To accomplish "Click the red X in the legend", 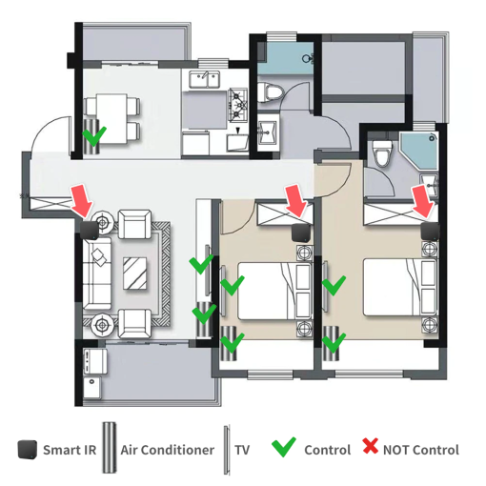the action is click(x=371, y=445).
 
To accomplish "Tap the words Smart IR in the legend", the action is click(x=70, y=450).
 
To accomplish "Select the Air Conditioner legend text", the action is click(x=168, y=450).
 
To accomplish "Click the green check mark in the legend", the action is click(x=284, y=447).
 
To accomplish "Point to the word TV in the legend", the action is click(x=242, y=450).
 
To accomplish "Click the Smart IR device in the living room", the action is click(x=90, y=231).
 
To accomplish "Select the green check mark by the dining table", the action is click(x=94, y=136).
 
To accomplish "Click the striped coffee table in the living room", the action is click(x=135, y=273).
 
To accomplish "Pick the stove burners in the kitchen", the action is click(x=237, y=105).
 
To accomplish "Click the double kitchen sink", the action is click(x=205, y=80).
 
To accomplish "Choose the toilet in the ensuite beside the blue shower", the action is click(x=382, y=154).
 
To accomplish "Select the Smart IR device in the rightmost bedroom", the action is click(x=431, y=232).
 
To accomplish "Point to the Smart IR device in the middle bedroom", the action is click(x=301, y=233).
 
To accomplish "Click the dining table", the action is click(x=112, y=118).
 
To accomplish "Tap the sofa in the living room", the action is click(x=97, y=273).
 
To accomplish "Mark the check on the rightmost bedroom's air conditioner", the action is click(x=334, y=343).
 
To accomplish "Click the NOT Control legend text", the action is click(x=421, y=450).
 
